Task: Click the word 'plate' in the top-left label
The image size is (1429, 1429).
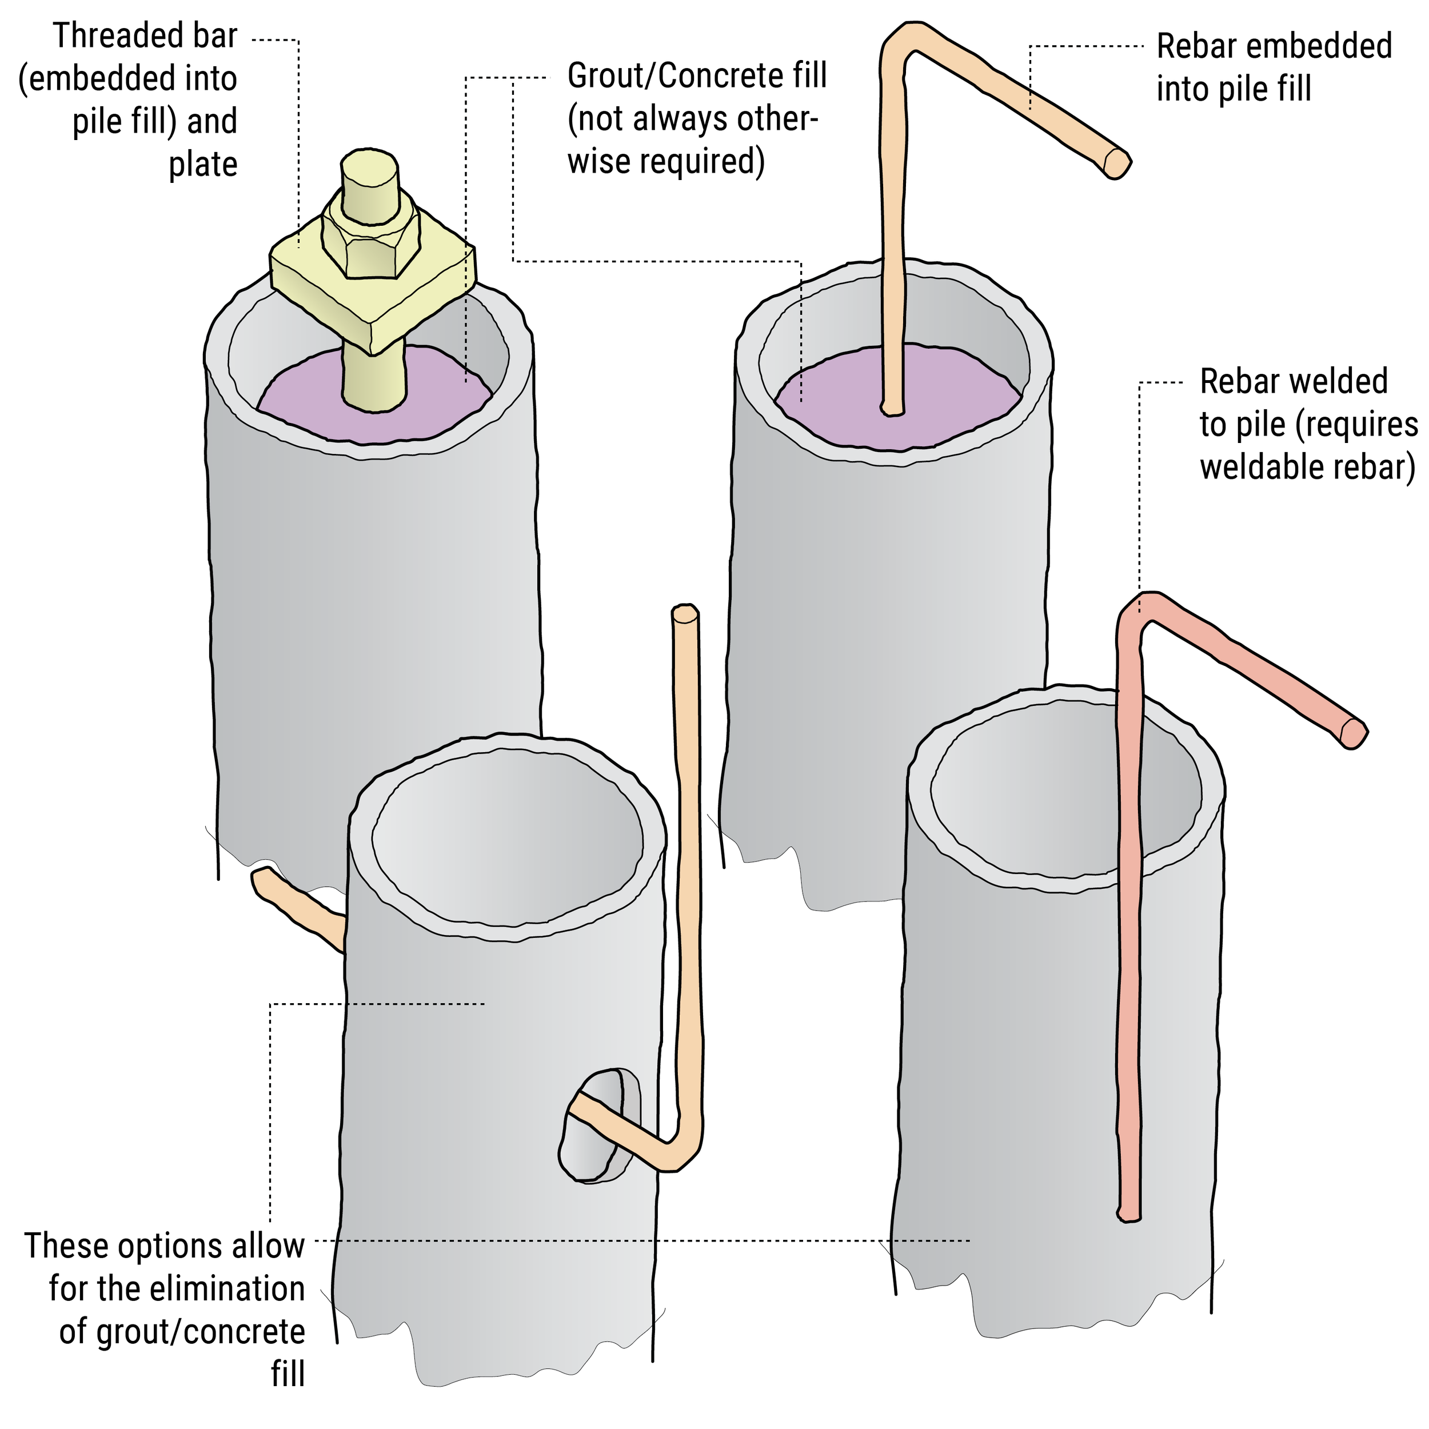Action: point(203,164)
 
